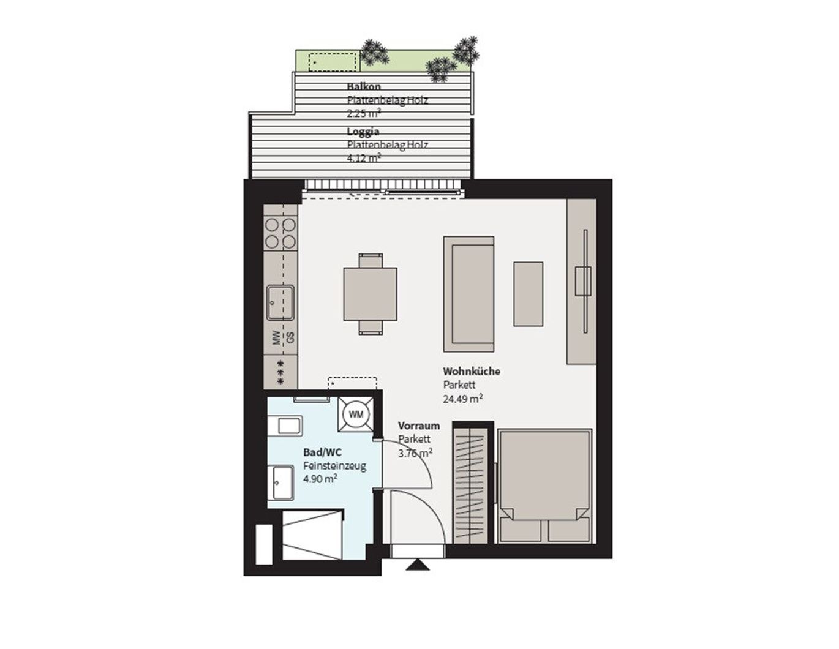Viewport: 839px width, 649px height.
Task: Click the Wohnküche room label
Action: coord(472,371)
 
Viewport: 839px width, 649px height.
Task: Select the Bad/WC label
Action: coord(322,452)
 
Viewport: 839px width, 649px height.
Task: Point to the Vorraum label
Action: coord(419,426)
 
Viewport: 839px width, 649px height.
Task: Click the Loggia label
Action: coord(363,132)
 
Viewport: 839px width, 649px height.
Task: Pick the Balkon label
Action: coord(364,87)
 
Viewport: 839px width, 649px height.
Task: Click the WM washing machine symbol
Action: coord(356,415)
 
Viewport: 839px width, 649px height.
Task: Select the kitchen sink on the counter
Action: coord(280,302)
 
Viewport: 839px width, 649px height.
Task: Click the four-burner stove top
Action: coord(280,233)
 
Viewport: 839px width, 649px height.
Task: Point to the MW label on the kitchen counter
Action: coord(276,337)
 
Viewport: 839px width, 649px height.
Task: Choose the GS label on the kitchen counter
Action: coord(290,337)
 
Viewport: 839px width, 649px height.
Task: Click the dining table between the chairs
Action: coord(370,294)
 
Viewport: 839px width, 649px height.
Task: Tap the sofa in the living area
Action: coord(468,294)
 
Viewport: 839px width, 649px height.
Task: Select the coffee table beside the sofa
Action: coord(528,294)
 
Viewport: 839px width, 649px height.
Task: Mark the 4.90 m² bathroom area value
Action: coord(320,479)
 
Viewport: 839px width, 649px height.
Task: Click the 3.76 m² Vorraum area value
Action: coord(415,453)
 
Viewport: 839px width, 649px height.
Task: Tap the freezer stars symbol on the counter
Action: coord(280,373)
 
